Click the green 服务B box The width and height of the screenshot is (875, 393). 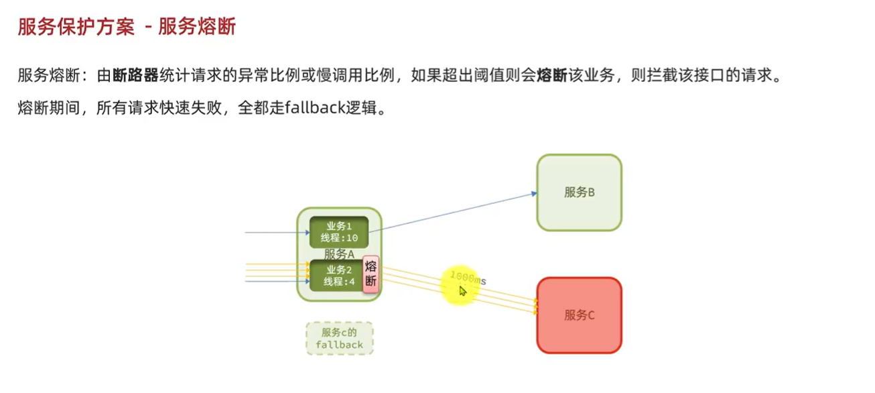[x=579, y=192]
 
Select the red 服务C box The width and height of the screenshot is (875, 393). [x=579, y=315]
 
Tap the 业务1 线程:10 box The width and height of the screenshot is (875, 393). [x=338, y=232]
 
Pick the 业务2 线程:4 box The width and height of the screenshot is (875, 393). [x=334, y=276]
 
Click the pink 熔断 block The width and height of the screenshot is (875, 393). [x=371, y=274]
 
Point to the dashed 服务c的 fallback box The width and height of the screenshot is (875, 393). [x=339, y=339]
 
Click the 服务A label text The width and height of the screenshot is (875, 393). [x=339, y=254]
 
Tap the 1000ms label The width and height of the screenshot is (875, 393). [x=468, y=277]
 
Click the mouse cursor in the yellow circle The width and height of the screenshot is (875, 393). [x=462, y=290]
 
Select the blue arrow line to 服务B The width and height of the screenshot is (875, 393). [x=456, y=211]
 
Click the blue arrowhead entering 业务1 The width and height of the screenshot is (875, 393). [x=306, y=233]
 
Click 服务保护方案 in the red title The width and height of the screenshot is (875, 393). [x=76, y=27]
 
